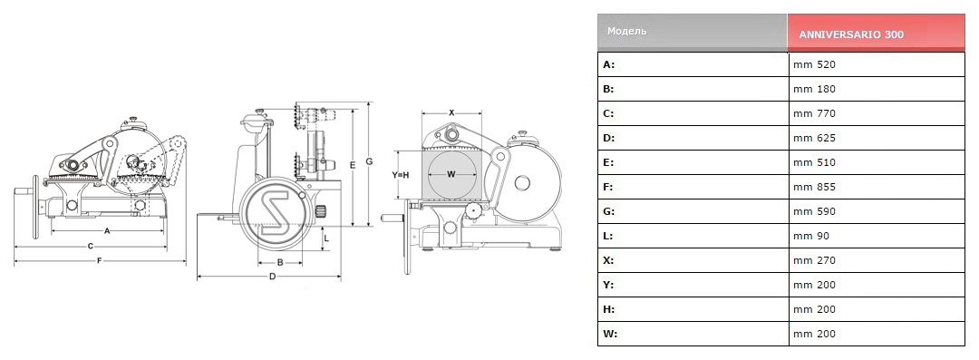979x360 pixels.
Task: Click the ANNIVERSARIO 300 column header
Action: click(850, 35)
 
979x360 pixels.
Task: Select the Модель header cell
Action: click(627, 31)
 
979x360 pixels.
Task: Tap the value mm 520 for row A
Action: click(814, 64)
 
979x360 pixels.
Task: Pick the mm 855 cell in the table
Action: click(814, 187)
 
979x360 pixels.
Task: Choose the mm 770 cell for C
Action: click(814, 113)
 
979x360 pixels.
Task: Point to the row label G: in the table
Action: click(609, 211)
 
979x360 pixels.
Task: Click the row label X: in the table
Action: click(609, 260)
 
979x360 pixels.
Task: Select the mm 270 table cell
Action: click(814, 260)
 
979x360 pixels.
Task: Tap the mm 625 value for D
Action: click(814, 138)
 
